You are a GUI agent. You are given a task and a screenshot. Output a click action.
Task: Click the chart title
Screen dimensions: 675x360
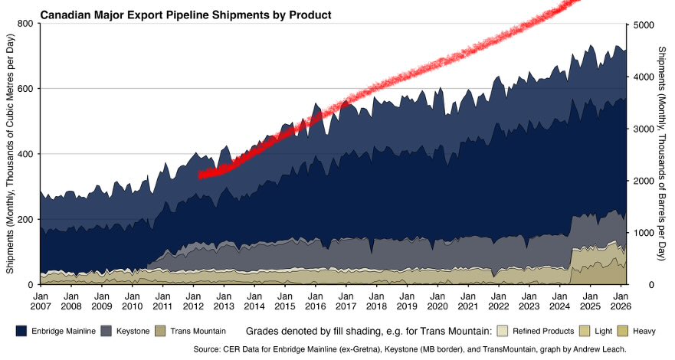coord(185,15)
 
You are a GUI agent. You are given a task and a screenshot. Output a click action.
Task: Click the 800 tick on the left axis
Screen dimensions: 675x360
coord(25,24)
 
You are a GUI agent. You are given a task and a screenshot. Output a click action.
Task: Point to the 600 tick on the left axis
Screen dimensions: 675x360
coord(25,89)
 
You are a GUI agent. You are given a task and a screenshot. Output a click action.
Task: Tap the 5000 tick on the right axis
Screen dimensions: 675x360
coord(644,25)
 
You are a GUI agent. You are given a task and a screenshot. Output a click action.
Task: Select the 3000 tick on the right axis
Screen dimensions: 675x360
coord(644,129)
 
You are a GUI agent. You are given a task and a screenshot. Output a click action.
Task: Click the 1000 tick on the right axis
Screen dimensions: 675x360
coord(644,233)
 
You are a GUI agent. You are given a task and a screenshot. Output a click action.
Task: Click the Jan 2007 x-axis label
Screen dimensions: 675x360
coord(41,301)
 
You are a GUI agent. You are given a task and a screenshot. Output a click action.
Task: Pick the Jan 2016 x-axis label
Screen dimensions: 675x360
coord(316,301)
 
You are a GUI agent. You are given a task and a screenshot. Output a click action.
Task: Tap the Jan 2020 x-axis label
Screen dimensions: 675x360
coord(437,301)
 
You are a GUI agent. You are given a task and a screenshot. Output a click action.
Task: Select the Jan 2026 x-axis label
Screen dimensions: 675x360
coord(621,301)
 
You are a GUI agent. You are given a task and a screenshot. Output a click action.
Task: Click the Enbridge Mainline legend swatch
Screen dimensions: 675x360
coord(21,331)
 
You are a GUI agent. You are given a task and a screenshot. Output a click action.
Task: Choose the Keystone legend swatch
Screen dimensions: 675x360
coord(106,331)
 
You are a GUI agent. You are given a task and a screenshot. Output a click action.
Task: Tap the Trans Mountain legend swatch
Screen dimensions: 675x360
coord(160,331)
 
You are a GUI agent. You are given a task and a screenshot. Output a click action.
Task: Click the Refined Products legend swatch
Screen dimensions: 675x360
coord(503,331)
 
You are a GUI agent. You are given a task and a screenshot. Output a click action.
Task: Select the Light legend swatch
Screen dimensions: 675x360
coord(585,331)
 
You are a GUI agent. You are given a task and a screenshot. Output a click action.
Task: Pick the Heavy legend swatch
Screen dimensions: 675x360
coord(623,331)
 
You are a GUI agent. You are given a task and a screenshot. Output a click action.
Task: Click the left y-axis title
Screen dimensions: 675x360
coord(10,153)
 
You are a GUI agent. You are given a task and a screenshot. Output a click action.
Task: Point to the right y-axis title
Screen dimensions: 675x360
coord(663,153)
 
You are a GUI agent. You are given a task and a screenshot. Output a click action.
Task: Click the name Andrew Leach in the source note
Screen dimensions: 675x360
coord(603,349)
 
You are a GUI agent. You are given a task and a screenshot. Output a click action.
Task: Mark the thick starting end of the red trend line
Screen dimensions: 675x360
coord(201,175)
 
